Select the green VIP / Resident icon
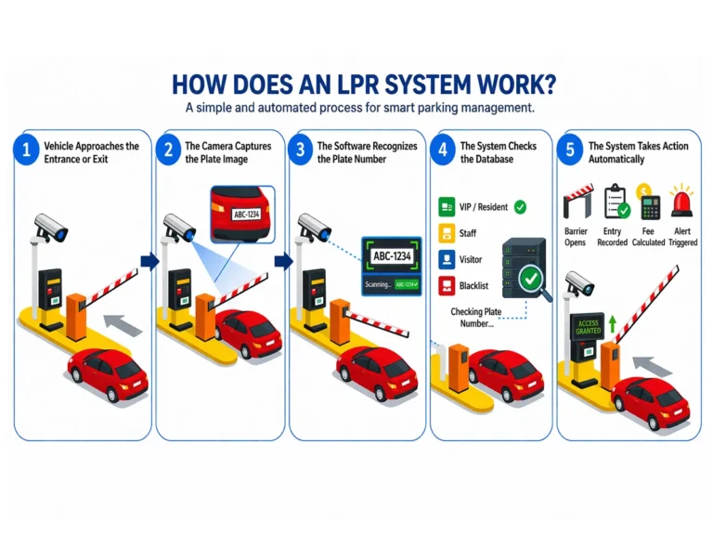pyautogui.click(x=444, y=207)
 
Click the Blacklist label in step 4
pyautogui.click(x=475, y=286)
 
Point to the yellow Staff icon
pyautogui.click(x=444, y=233)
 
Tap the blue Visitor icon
pyautogui.click(x=444, y=260)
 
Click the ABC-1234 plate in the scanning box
pyautogui.click(x=392, y=255)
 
